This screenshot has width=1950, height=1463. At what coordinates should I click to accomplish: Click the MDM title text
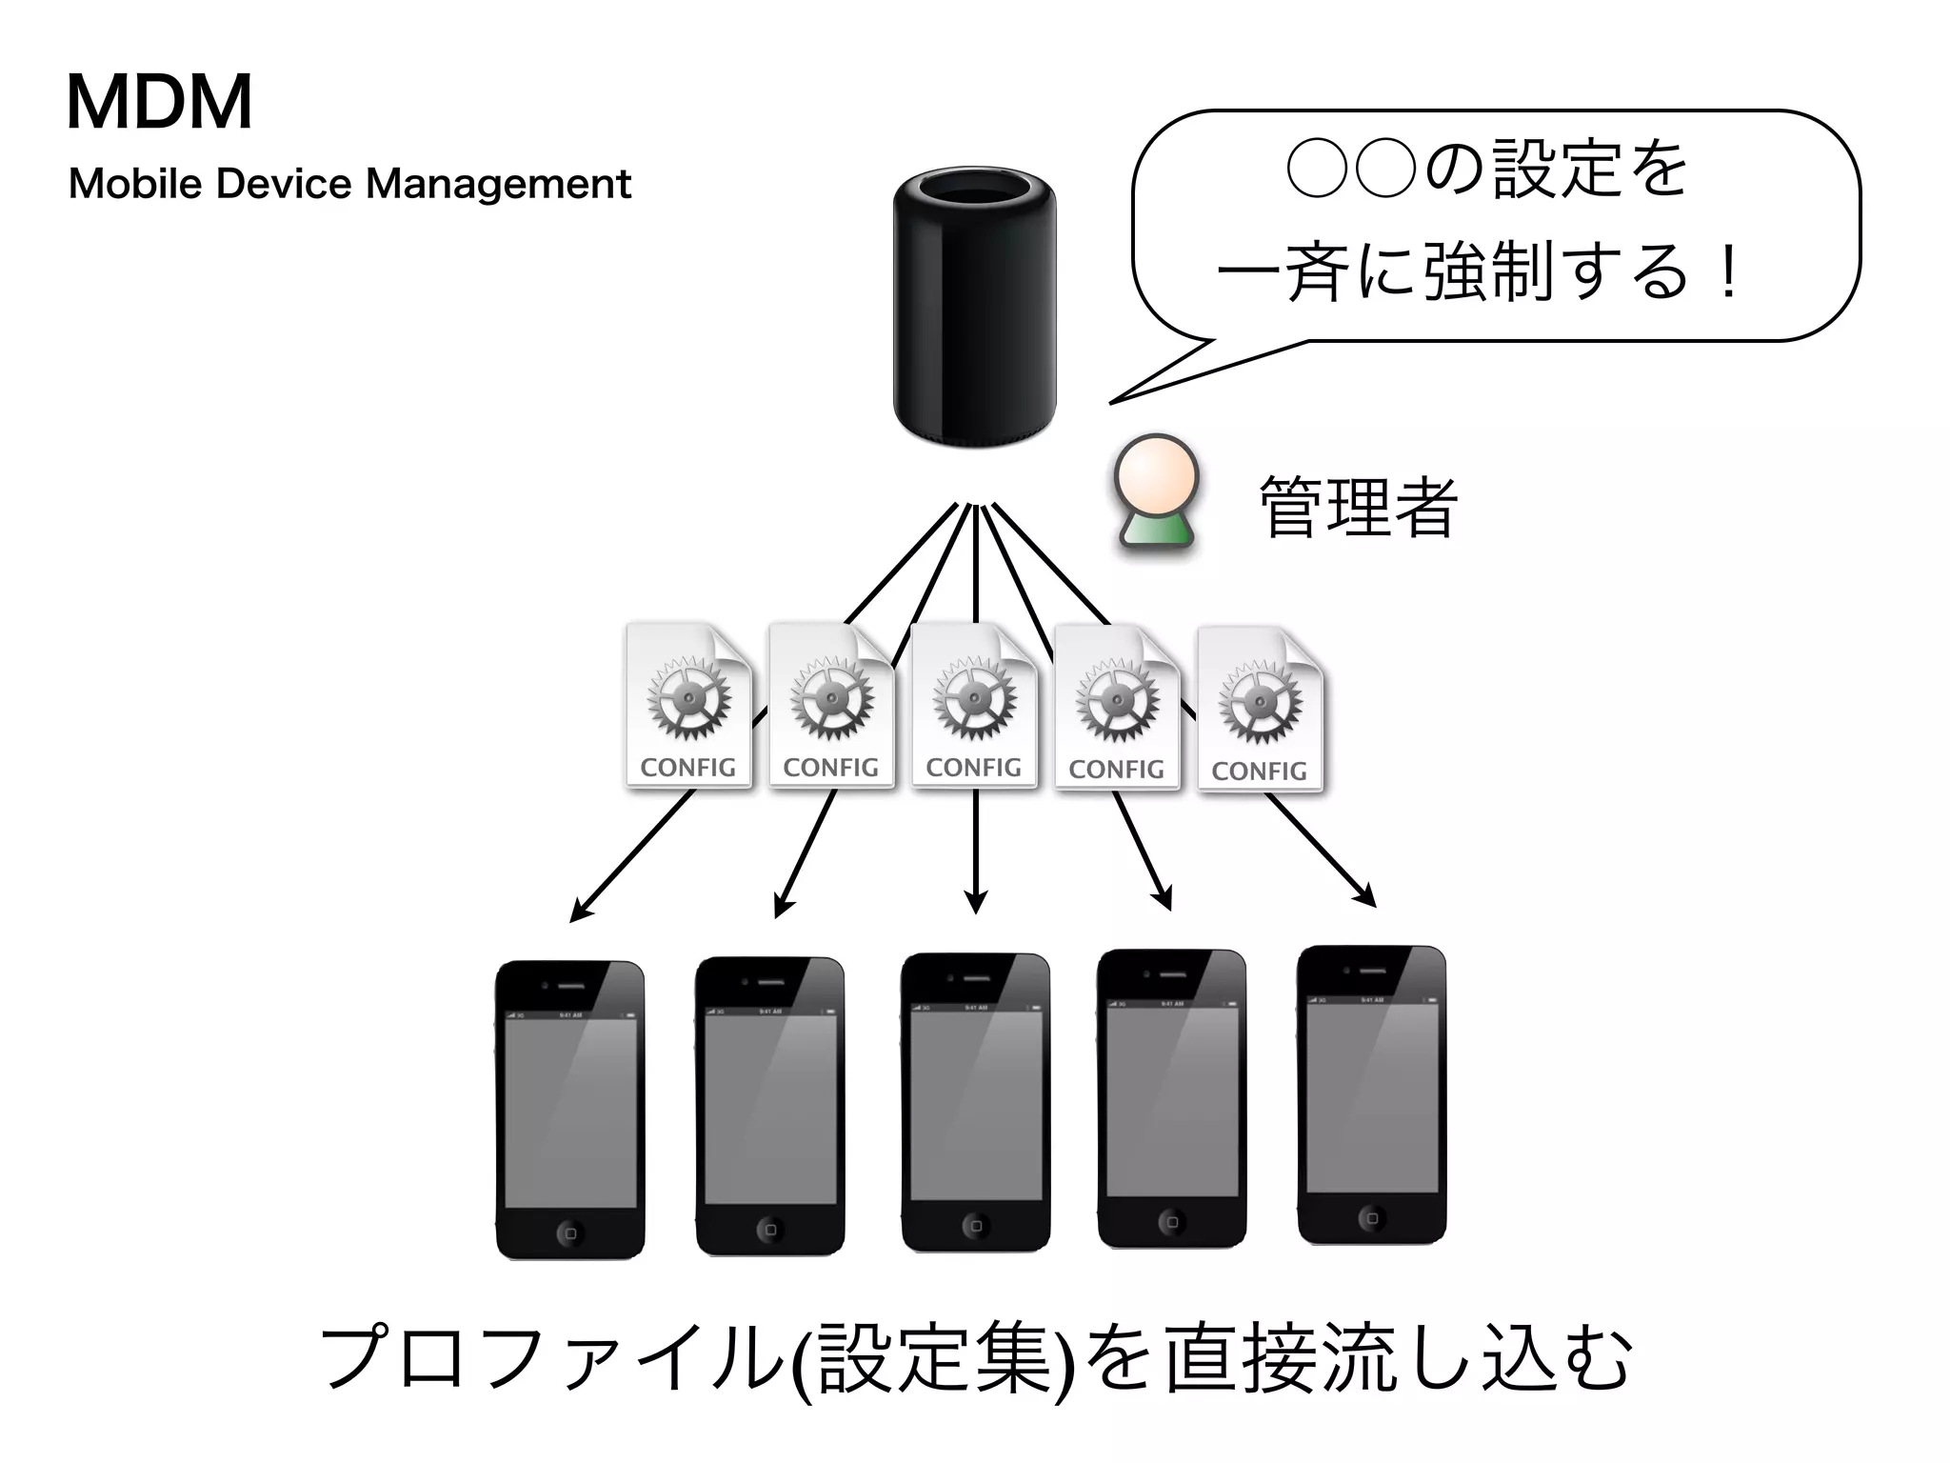tap(159, 102)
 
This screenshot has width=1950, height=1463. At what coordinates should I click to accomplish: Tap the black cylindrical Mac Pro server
tap(974, 308)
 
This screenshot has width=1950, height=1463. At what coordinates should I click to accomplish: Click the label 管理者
tap(1357, 508)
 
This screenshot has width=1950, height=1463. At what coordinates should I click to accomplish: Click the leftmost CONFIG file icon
tap(688, 706)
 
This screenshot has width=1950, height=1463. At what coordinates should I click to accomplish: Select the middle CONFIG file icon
tap(974, 706)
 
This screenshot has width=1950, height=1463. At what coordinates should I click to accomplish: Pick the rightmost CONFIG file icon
tap(1260, 710)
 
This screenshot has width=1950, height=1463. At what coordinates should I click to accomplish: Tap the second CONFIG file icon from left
tap(831, 706)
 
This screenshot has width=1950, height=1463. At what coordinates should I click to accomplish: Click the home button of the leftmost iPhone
tap(569, 1233)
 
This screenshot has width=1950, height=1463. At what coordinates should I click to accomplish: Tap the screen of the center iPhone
tap(975, 1105)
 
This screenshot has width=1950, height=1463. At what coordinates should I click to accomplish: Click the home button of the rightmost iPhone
tap(1371, 1218)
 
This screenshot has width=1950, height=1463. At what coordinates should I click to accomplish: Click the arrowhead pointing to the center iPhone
tap(975, 903)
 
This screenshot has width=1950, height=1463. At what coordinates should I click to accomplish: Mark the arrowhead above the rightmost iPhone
tap(1367, 898)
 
